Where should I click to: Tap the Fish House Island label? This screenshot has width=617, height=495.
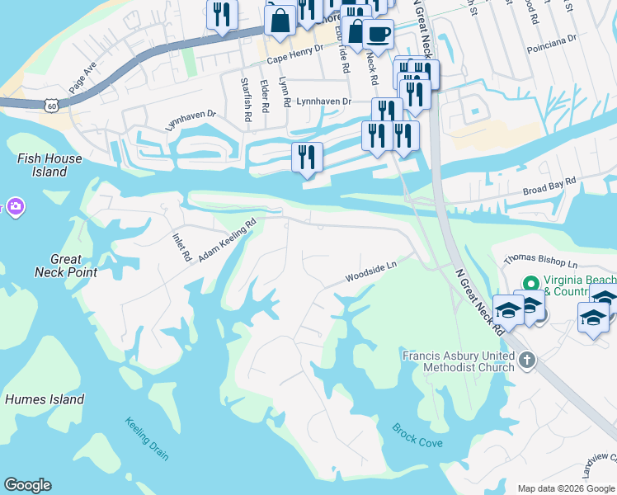click(x=49, y=165)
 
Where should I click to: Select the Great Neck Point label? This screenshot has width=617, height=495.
click(x=66, y=265)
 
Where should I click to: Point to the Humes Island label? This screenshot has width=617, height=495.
click(x=45, y=399)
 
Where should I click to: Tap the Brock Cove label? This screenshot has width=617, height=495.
click(x=417, y=436)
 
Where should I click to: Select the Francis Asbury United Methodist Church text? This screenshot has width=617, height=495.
click(x=456, y=363)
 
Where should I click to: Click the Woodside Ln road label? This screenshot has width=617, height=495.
click(x=371, y=272)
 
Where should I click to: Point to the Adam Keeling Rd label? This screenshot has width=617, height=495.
click(x=227, y=240)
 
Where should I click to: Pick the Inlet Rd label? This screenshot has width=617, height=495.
click(x=181, y=245)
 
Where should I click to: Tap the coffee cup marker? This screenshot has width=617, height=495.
click(x=378, y=34)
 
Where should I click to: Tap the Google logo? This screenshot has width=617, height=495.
click(x=27, y=485)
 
